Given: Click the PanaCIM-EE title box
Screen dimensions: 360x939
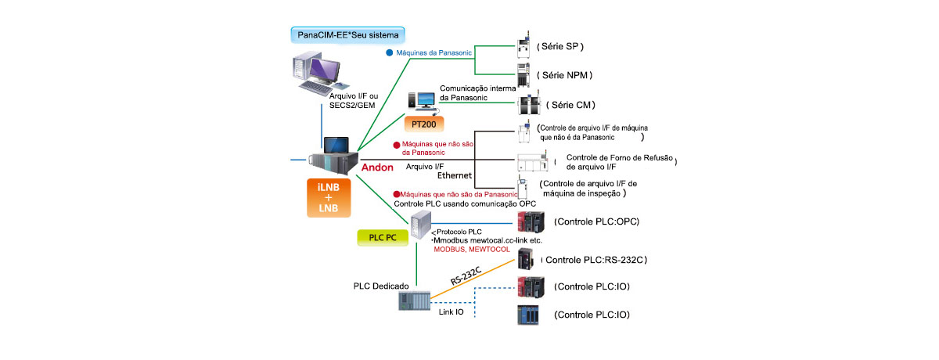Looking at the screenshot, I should (346, 35).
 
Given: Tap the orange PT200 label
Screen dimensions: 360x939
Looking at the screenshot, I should (424, 124).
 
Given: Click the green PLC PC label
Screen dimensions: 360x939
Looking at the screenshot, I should (382, 237).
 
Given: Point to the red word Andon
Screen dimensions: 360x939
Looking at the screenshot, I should (376, 166).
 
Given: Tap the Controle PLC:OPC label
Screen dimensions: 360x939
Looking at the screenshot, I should (596, 221).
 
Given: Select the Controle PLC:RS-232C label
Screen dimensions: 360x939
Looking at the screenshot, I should (599, 259).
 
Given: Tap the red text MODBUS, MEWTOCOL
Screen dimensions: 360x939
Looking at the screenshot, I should (472, 249).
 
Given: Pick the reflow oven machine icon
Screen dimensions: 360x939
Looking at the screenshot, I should (536, 162).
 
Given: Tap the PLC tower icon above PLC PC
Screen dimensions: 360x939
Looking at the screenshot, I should (420, 224).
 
